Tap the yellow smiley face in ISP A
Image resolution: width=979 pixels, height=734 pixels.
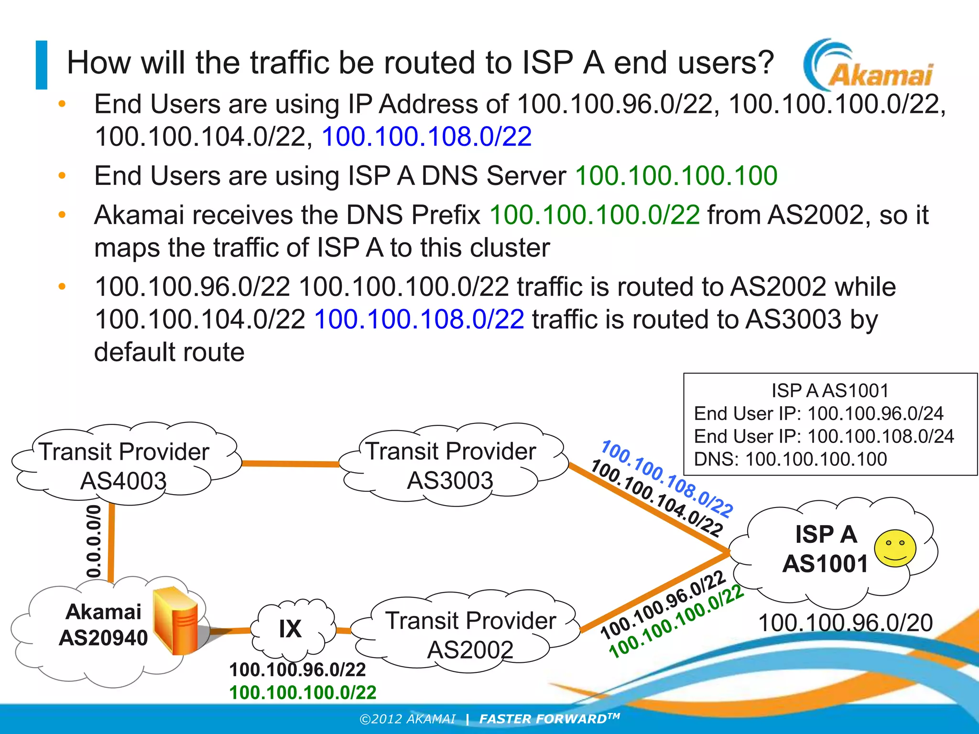[x=895, y=548]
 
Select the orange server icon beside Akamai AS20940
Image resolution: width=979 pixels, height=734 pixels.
[x=176, y=620]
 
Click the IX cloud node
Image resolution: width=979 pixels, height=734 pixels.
[x=291, y=629]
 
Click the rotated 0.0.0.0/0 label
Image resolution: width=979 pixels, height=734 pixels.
[x=94, y=540]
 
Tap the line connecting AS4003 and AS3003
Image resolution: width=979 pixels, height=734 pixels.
[x=290, y=463]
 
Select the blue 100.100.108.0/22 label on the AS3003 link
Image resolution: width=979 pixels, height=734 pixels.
[x=666, y=479]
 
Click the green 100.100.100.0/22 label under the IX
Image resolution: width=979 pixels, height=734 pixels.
[x=303, y=692]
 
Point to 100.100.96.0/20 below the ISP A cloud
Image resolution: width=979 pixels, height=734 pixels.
[x=845, y=623]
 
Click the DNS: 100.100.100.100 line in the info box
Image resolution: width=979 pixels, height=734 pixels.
[x=790, y=459]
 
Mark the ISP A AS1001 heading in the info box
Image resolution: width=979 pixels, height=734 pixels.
[x=830, y=390]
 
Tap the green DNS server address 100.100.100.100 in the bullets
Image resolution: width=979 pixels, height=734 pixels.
[x=676, y=175]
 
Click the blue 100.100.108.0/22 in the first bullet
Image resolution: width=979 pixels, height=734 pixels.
[x=426, y=137]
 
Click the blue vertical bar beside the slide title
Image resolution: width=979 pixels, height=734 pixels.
[x=42, y=65]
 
